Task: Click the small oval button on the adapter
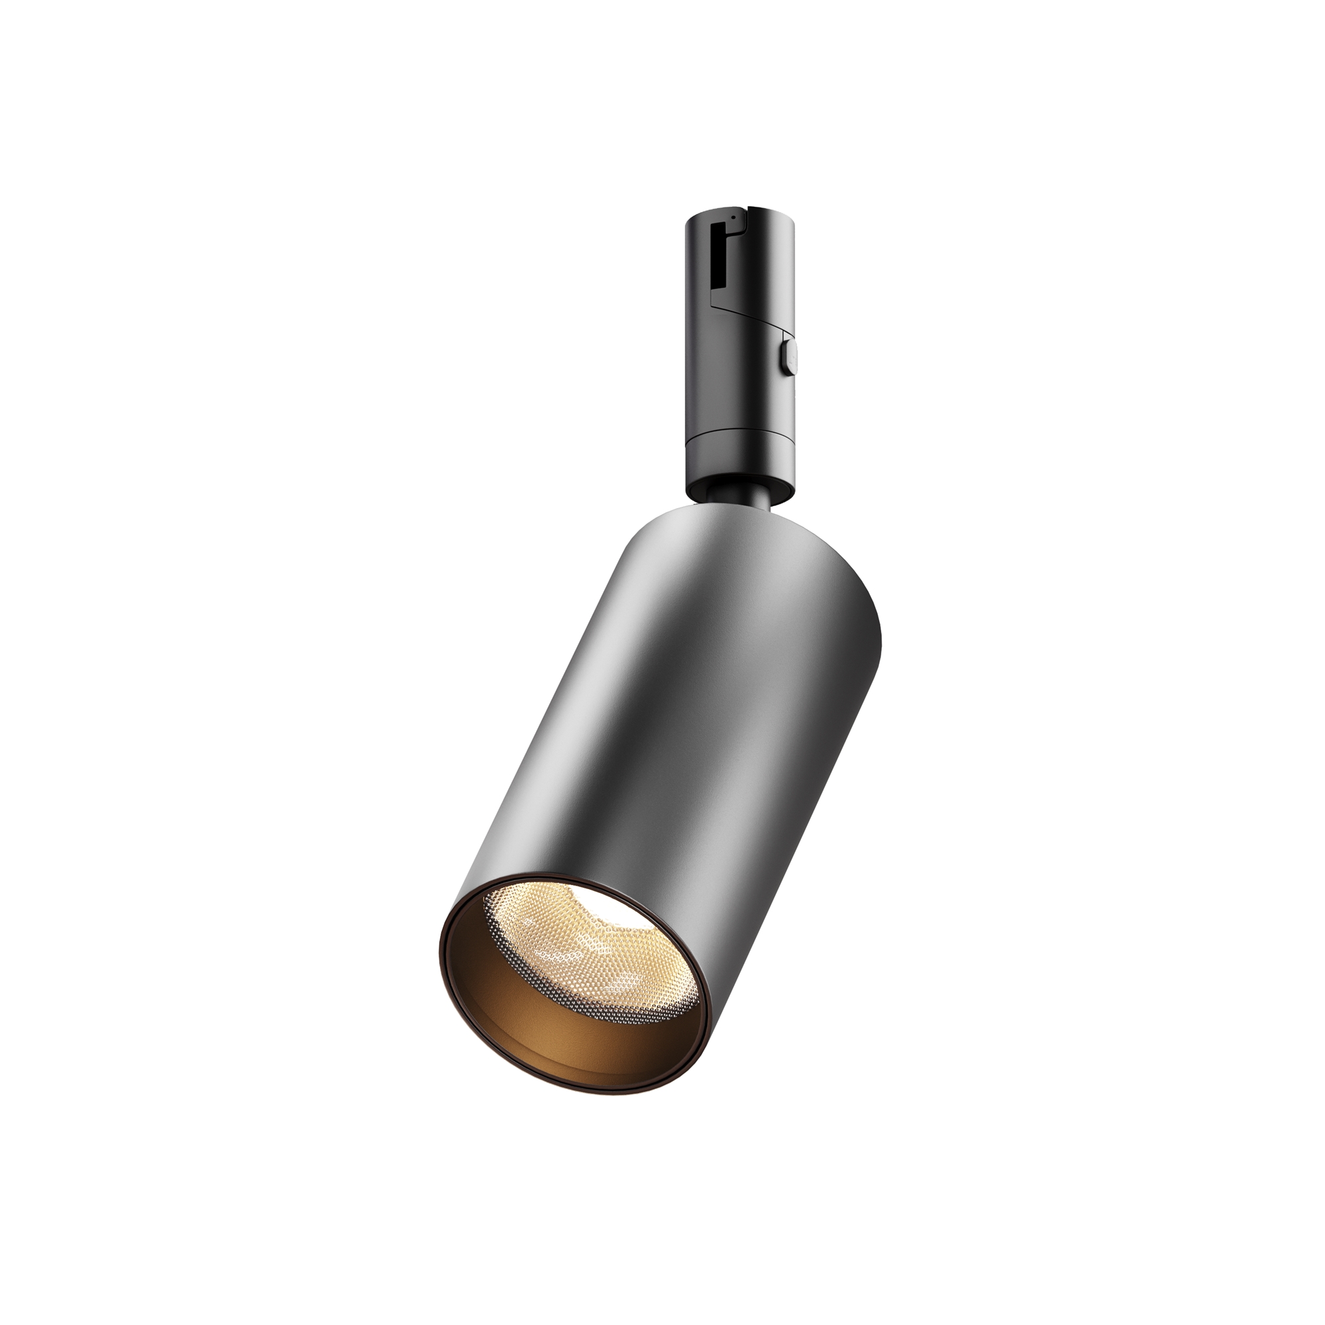[x=786, y=357]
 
